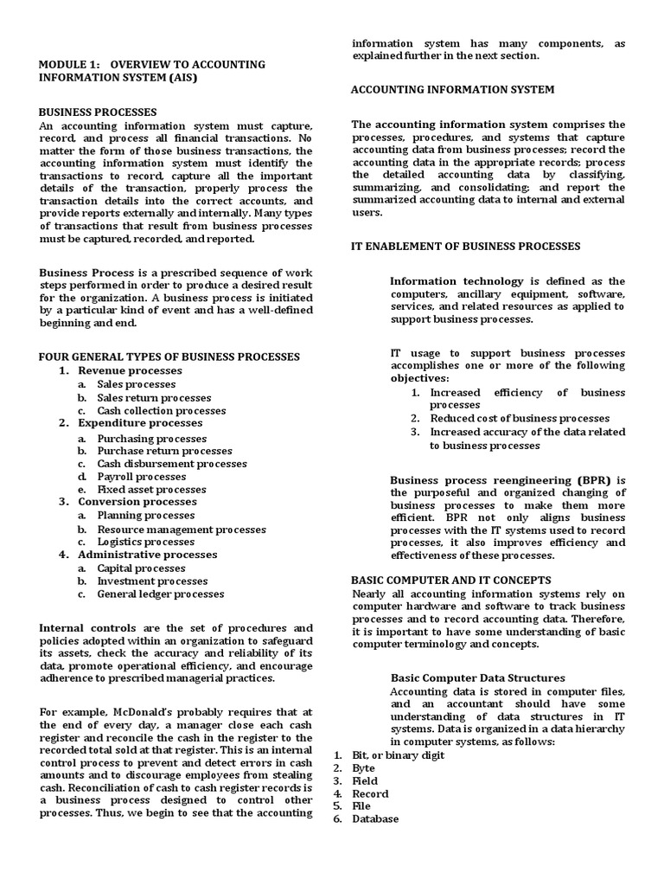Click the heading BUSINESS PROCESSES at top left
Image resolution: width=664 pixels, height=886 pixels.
[x=98, y=112]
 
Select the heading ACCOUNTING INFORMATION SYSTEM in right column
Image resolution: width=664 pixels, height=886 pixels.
[x=452, y=89]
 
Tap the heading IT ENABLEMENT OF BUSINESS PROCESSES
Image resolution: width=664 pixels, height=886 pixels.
[x=465, y=247]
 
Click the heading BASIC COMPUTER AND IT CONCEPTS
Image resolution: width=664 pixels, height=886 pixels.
[x=450, y=580]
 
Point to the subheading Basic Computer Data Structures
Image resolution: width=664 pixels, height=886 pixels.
[x=478, y=678]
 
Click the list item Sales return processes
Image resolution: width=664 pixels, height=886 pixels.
[x=154, y=398]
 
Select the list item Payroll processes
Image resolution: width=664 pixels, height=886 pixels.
[x=141, y=477]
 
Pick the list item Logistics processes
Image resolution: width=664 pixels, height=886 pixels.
[x=145, y=542]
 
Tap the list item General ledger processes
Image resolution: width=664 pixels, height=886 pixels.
[x=160, y=594]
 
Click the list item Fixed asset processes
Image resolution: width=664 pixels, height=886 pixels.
[x=151, y=490]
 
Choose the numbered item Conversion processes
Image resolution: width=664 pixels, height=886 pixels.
[x=137, y=502]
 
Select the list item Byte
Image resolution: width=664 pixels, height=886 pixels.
[x=363, y=768]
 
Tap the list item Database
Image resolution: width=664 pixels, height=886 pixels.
[x=375, y=819]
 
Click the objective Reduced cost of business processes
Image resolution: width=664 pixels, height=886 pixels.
[x=520, y=419]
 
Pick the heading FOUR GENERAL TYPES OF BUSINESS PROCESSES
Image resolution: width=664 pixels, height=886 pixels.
[x=169, y=356]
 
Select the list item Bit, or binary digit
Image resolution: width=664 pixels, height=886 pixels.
[x=398, y=755]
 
